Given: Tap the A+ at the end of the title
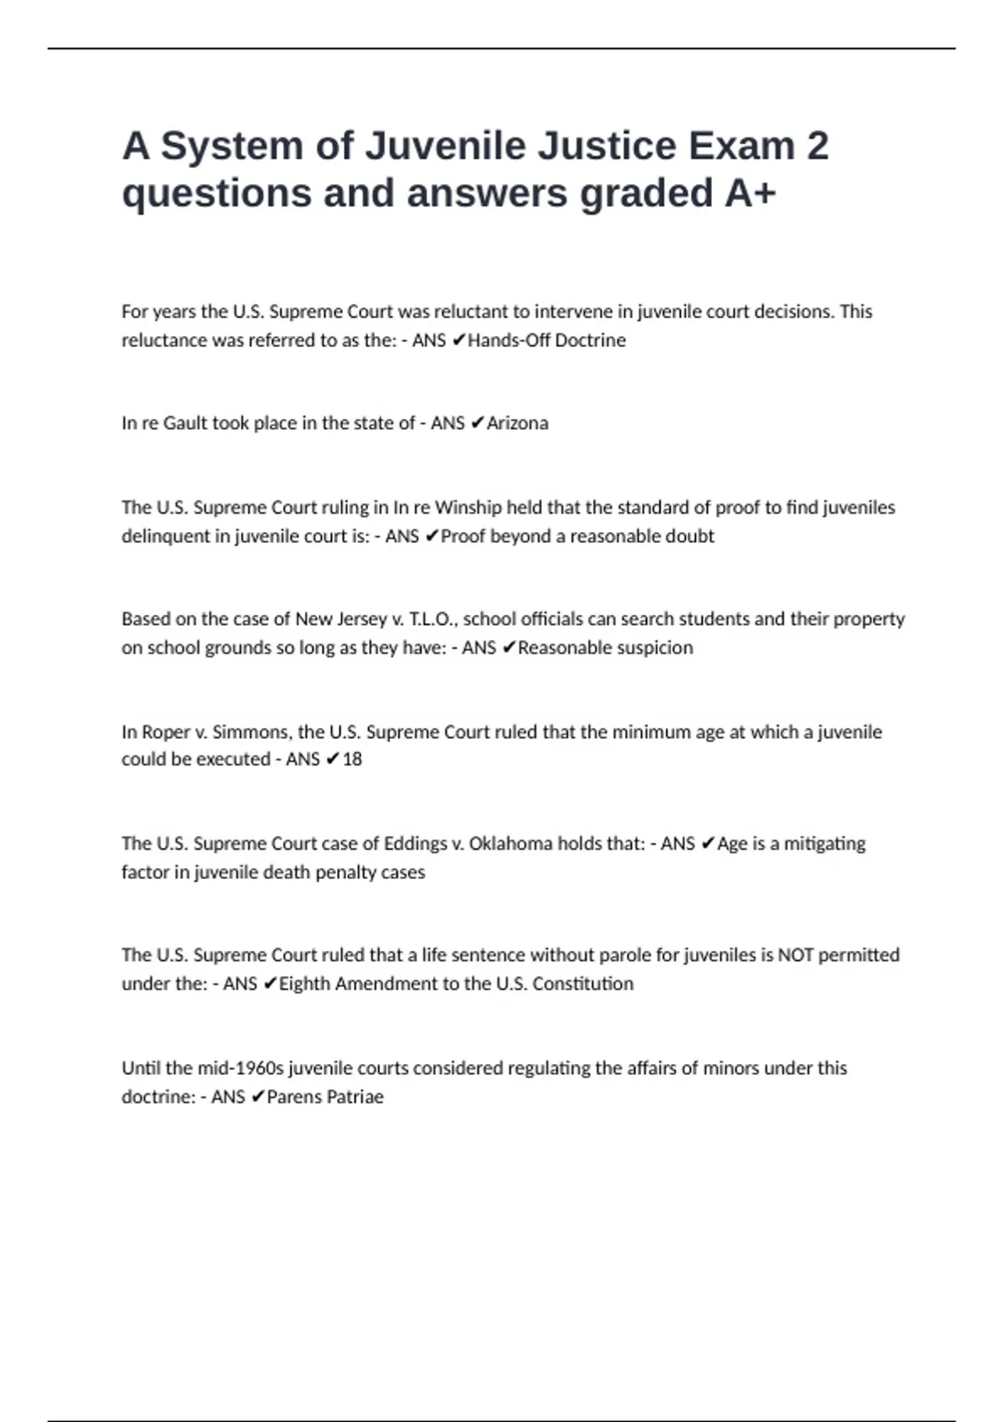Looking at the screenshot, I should click(750, 193).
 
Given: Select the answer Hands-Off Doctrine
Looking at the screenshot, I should click(546, 340).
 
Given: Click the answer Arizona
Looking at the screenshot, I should click(517, 423).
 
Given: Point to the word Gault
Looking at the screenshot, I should click(184, 423).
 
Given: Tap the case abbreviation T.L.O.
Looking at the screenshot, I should click(433, 619).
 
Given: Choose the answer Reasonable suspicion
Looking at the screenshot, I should click(605, 647).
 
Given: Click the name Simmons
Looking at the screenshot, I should click(251, 732).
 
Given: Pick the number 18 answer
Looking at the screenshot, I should click(352, 760).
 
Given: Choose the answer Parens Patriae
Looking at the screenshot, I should click(325, 1097).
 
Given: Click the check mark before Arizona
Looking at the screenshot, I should click(477, 423).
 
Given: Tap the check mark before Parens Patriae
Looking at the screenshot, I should click(258, 1097).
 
